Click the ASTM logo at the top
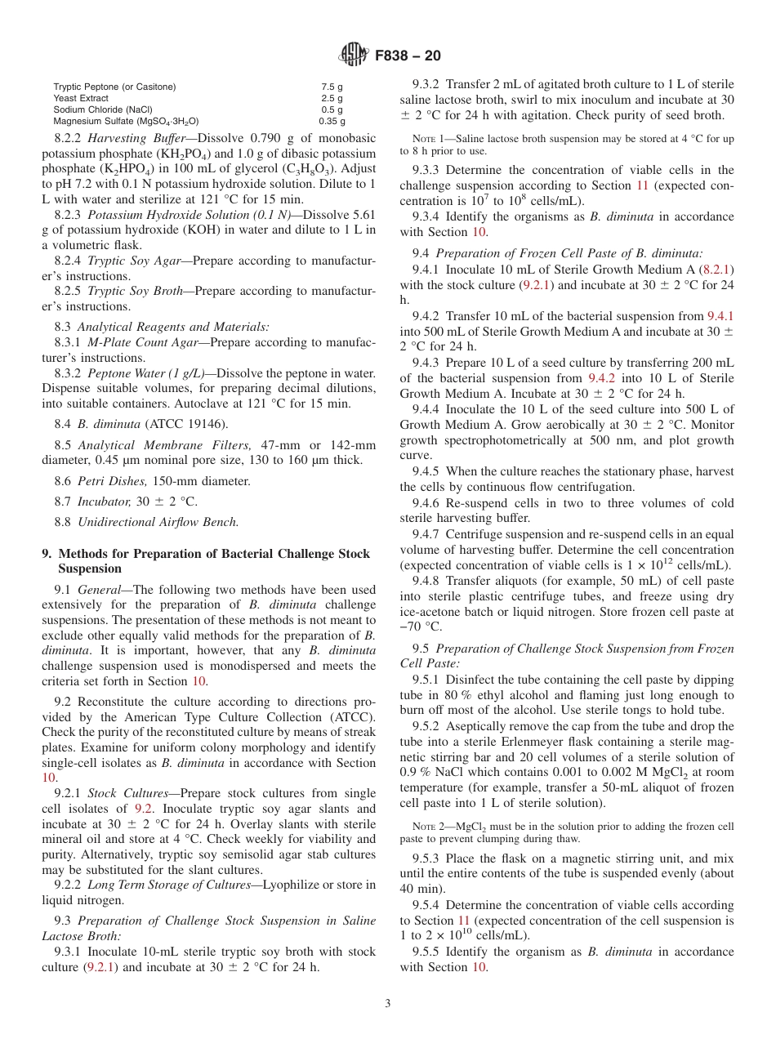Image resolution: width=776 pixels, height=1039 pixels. point(353,56)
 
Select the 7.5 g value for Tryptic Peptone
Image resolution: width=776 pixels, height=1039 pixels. point(332,87)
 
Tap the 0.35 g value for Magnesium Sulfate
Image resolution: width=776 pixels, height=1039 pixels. point(332,121)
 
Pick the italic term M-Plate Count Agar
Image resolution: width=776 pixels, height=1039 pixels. point(143,342)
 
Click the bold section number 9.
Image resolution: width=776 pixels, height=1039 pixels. point(46,554)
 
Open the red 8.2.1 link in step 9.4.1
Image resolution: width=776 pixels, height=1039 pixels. point(718,269)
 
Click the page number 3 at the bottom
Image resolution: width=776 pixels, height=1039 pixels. point(388,1004)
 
